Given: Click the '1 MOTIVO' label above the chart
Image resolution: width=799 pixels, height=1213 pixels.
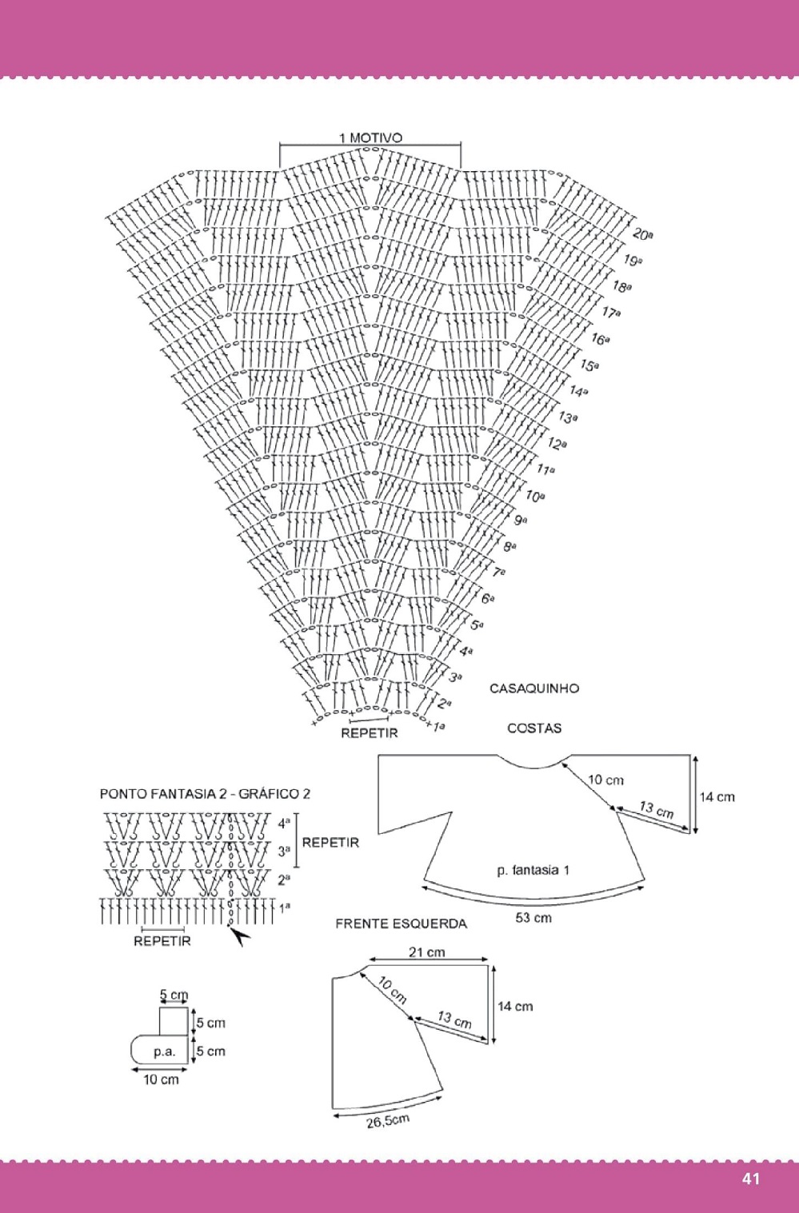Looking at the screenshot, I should pyautogui.click(x=370, y=138).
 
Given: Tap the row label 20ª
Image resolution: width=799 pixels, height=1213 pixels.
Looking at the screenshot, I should pyautogui.click(x=642, y=234).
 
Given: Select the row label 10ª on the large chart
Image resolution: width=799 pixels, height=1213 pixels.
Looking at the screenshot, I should pyautogui.click(x=534, y=496).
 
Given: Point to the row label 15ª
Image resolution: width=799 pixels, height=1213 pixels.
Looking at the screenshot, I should pyautogui.click(x=589, y=365).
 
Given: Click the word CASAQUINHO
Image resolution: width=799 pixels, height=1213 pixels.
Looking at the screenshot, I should pyautogui.click(x=534, y=688).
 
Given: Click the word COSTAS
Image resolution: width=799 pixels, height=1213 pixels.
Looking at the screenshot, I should pyautogui.click(x=534, y=728).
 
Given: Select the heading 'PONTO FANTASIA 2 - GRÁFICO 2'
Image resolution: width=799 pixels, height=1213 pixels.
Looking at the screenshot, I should pyautogui.click(x=205, y=794).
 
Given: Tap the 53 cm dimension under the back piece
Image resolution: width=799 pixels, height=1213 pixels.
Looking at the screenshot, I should pyautogui.click(x=533, y=918).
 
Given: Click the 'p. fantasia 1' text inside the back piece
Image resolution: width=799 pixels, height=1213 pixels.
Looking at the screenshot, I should pyautogui.click(x=533, y=870).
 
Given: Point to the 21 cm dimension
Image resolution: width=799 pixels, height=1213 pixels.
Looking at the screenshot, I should pyautogui.click(x=427, y=952).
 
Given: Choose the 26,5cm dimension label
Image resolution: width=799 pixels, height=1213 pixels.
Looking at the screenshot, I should pyautogui.click(x=388, y=1121).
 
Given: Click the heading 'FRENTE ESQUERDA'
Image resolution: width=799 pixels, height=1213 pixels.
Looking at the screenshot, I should pyautogui.click(x=401, y=924).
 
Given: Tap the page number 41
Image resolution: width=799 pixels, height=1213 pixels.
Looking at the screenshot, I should pyautogui.click(x=750, y=1179).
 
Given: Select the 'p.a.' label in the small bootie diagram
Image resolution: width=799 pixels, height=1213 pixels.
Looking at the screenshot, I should pyautogui.click(x=165, y=1051).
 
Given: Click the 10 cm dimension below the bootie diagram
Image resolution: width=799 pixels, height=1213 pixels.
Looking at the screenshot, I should pyautogui.click(x=161, y=1079).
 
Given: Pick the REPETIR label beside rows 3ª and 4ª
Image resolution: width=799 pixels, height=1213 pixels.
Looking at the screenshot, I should pyautogui.click(x=330, y=842).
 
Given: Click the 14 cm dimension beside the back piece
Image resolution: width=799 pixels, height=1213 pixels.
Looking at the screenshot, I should pyautogui.click(x=717, y=796).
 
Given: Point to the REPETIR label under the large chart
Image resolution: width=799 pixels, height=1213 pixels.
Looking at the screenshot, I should pyautogui.click(x=369, y=732).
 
